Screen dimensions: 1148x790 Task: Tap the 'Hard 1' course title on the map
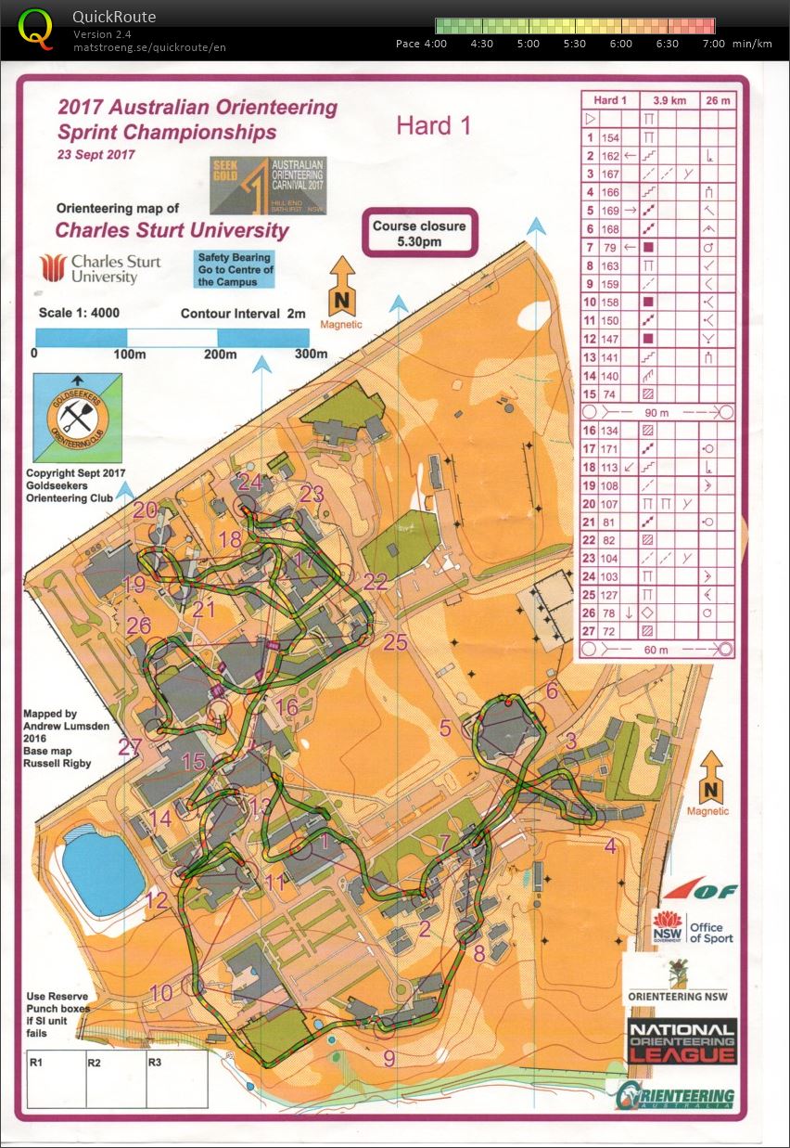pyautogui.click(x=433, y=126)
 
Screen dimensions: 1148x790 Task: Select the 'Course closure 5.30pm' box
pyautogui.click(x=419, y=233)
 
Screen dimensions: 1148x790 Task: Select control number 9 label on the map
pyautogui.click(x=389, y=1058)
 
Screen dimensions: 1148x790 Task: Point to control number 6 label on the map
pyautogui.click(x=552, y=690)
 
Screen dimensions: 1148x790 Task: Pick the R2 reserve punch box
pyautogui.click(x=115, y=1079)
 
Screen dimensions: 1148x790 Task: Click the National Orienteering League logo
pyautogui.click(x=682, y=1040)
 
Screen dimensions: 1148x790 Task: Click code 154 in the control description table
pyautogui.click(x=609, y=137)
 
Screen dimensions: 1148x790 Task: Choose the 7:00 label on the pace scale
pyautogui.click(x=713, y=44)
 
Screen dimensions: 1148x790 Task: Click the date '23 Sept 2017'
pyautogui.click(x=96, y=155)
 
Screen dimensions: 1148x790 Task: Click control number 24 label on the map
pyautogui.click(x=249, y=483)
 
